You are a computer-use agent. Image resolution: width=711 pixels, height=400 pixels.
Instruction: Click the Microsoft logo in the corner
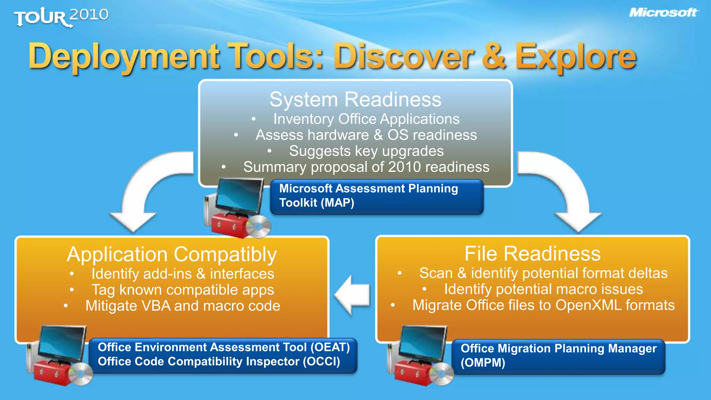pyautogui.click(x=663, y=13)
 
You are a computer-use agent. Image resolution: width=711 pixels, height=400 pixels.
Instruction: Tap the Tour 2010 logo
pyautogui.click(x=61, y=17)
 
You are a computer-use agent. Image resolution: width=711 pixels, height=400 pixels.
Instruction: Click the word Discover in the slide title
pyautogui.click(x=403, y=57)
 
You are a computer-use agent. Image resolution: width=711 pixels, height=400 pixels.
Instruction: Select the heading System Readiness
pyautogui.click(x=355, y=99)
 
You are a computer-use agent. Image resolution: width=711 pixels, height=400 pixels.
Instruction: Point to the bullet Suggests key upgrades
pyautogui.click(x=366, y=151)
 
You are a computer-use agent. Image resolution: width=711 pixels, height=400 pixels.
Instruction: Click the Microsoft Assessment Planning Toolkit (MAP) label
pyautogui.click(x=376, y=196)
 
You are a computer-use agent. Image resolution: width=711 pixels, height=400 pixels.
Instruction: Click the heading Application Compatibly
pyautogui.click(x=172, y=255)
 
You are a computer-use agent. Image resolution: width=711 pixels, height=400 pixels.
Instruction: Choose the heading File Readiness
pyautogui.click(x=533, y=254)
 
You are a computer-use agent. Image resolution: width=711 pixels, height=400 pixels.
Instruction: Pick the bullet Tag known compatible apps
pyautogui.click(x=183, y=290)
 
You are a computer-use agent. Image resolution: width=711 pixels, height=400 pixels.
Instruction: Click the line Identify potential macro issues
pyautogui.click(x=543, y=289)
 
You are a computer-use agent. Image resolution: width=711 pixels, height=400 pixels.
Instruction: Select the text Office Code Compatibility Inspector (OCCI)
pyautogui.click(x=219, y=362)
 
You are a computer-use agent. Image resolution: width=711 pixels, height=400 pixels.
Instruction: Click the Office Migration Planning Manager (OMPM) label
pyautogui.click(x=558, y=356)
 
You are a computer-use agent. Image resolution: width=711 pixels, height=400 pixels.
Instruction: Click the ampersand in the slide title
pyautogui.click(x=494, y=57)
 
